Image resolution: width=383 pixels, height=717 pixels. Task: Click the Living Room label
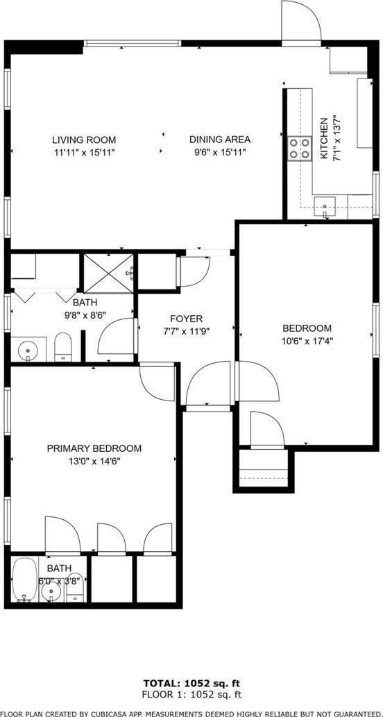[84, 139]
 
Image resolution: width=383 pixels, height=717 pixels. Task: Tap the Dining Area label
[219, 139]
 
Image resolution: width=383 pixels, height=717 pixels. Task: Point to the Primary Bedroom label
[94, 448]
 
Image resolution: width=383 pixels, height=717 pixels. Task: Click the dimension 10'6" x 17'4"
[306, 341]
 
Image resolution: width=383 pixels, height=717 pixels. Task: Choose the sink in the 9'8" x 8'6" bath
[28, 349]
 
